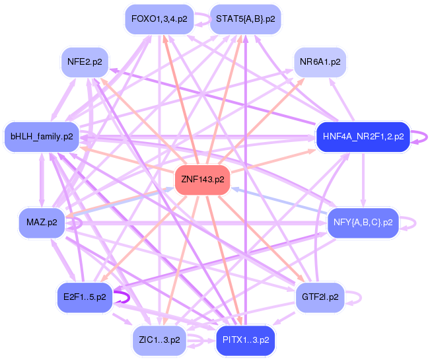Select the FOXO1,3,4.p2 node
(x=159, y=18)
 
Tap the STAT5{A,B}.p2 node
(x=245, y=18)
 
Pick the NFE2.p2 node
(x=85, y=62)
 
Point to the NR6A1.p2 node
(x=320, y=62)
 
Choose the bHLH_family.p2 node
(x=41, y=137)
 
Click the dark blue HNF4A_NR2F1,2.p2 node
(x=363, y=137)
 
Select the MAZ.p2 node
(x=42, y=223)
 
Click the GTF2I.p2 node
(x=320, y=297)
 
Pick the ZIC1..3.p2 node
(x=159, y=340)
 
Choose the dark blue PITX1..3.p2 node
(x=244, y=340)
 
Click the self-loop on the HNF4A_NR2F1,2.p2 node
(x=423, y=137)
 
